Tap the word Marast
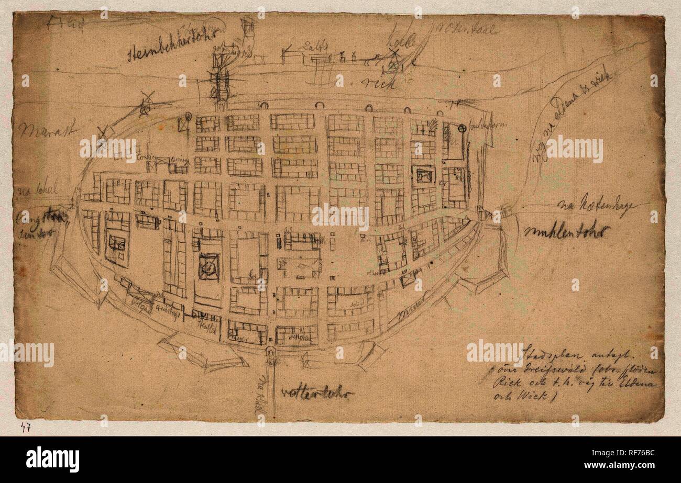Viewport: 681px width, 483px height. [x=48, y=128]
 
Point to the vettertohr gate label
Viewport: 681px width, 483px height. [x=317, y=392]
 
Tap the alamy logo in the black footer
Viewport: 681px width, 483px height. [x=52, y=459]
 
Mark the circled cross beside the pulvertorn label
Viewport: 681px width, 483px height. [x=462, y=128]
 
